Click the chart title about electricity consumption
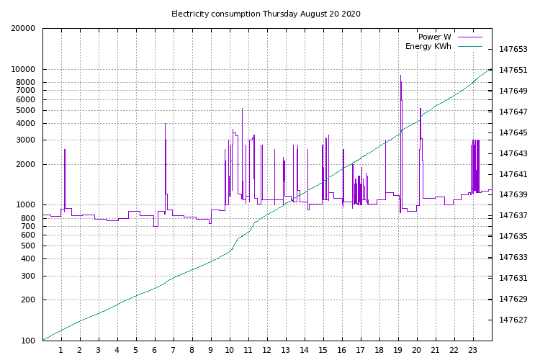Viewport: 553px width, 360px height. click(x=266, y=14)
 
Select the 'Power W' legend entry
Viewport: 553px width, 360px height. click(x=434, y=37)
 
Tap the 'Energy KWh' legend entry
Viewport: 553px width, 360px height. click(x=428, y=46)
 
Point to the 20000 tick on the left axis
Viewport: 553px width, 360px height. click(x=24, y=29)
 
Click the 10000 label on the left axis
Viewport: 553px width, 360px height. click(x=24, y=69)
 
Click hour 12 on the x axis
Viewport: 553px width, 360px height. click(x=266, y=350)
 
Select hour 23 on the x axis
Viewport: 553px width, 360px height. click(x=472, y=350)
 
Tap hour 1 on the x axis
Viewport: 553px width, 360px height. click(x=61, y=350)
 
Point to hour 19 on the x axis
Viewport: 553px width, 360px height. click(x=397, y=350)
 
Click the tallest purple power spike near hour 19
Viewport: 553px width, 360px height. click(x=400, y=76)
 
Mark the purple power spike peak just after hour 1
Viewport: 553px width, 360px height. click(x=65, y=150)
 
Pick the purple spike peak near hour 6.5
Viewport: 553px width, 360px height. click(x=165, y=124)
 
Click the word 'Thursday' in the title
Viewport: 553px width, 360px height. click(x=282, y=14)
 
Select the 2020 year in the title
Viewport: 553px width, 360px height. click(x=350, y=14)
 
